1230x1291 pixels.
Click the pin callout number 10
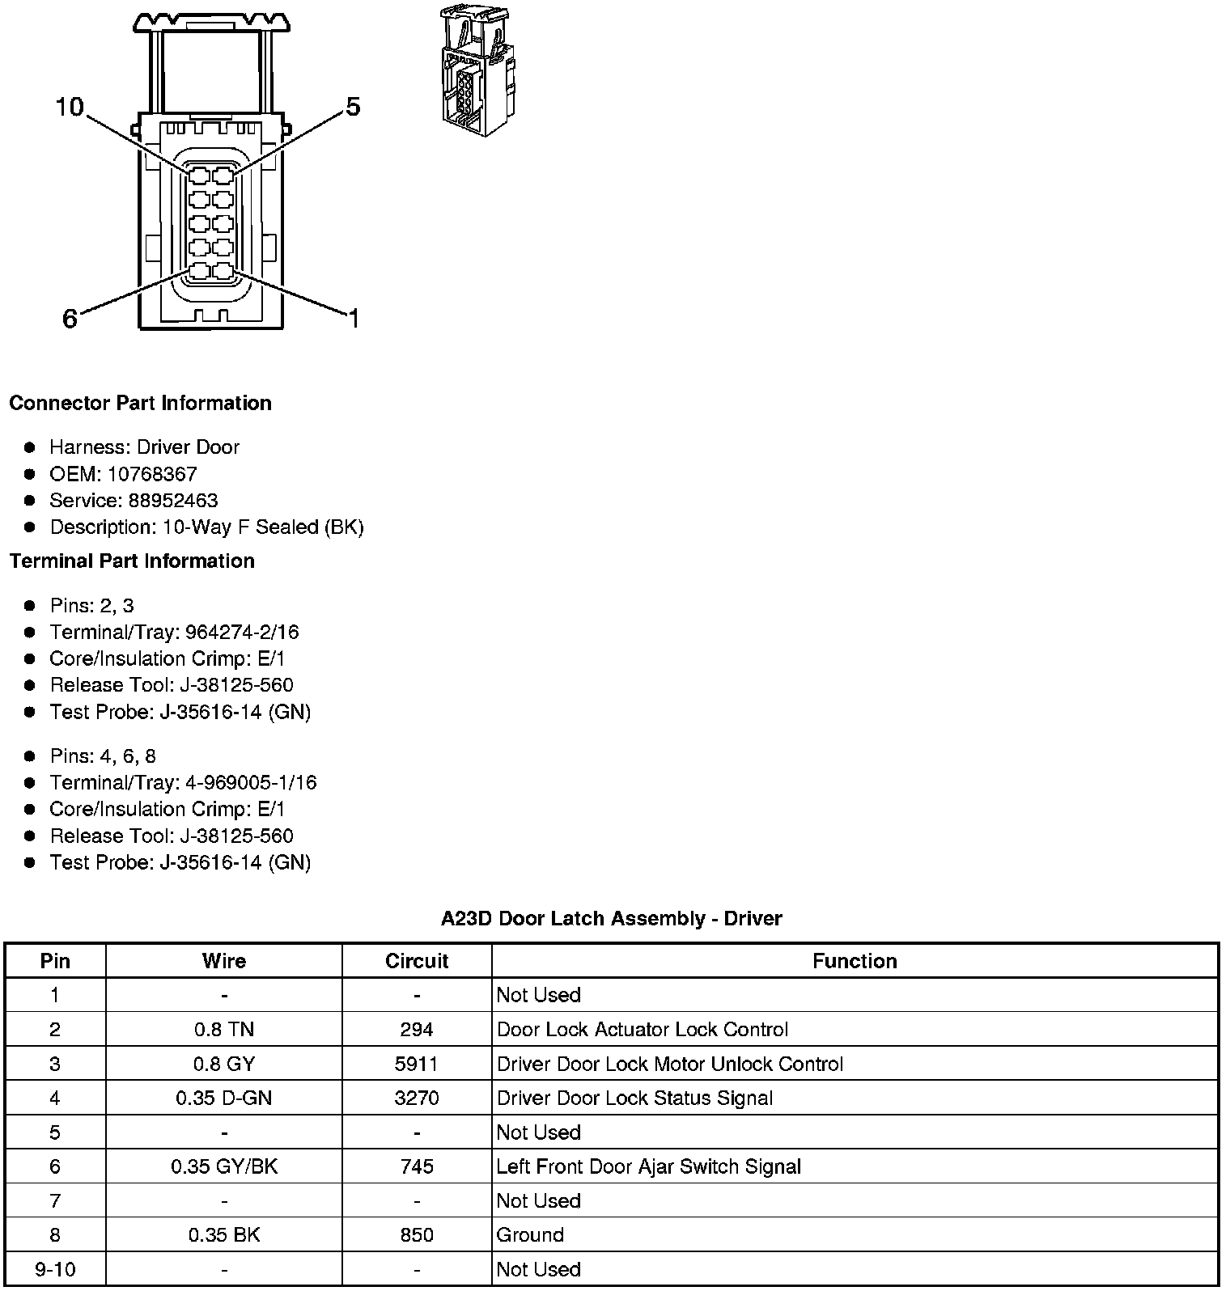[x=70, y=107]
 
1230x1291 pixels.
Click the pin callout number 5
[x=353, y=107]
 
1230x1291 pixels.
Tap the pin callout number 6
[x=70, y=320]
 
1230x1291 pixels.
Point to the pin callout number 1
[x=353, y=320]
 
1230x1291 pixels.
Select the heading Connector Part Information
[x=140, y=403]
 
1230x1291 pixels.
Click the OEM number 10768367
[x=152, y=474]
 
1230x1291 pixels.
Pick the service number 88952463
[x=173, y=501]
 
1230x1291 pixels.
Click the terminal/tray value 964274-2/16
[x=242, y=632]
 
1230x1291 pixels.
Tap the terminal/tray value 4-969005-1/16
[x=251, y=782]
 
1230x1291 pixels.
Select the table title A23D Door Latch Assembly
[x=611, y=918]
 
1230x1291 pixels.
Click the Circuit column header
[x=417, y=961]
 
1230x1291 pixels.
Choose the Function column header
[x=855, y=961]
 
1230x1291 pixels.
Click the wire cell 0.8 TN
[x=224, y=1030]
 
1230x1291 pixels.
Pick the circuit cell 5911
[x=417, y=1064]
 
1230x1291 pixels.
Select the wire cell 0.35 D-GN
[x=224, y=1098]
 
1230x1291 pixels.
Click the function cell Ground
[x=530, y=1235]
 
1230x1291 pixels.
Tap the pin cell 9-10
[x=55, y=1269]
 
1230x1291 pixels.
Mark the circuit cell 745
[x=417, y=1166]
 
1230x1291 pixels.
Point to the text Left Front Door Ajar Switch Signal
[x=648, y=1166]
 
